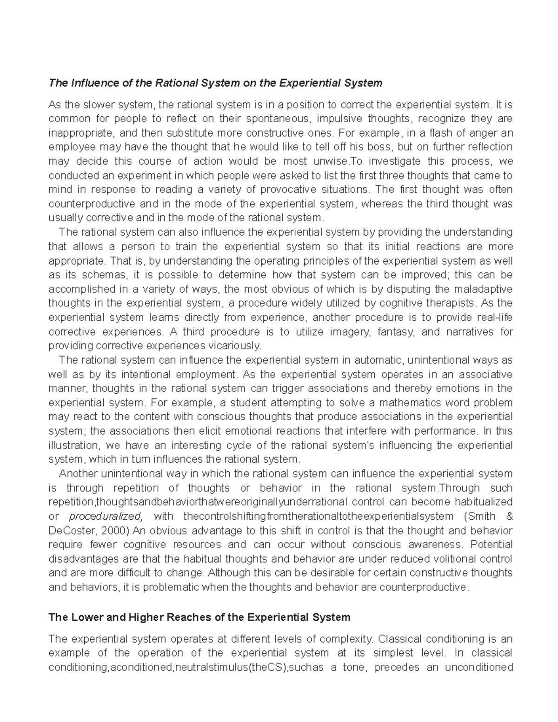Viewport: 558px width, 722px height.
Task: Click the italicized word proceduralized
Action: [105, 517]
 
